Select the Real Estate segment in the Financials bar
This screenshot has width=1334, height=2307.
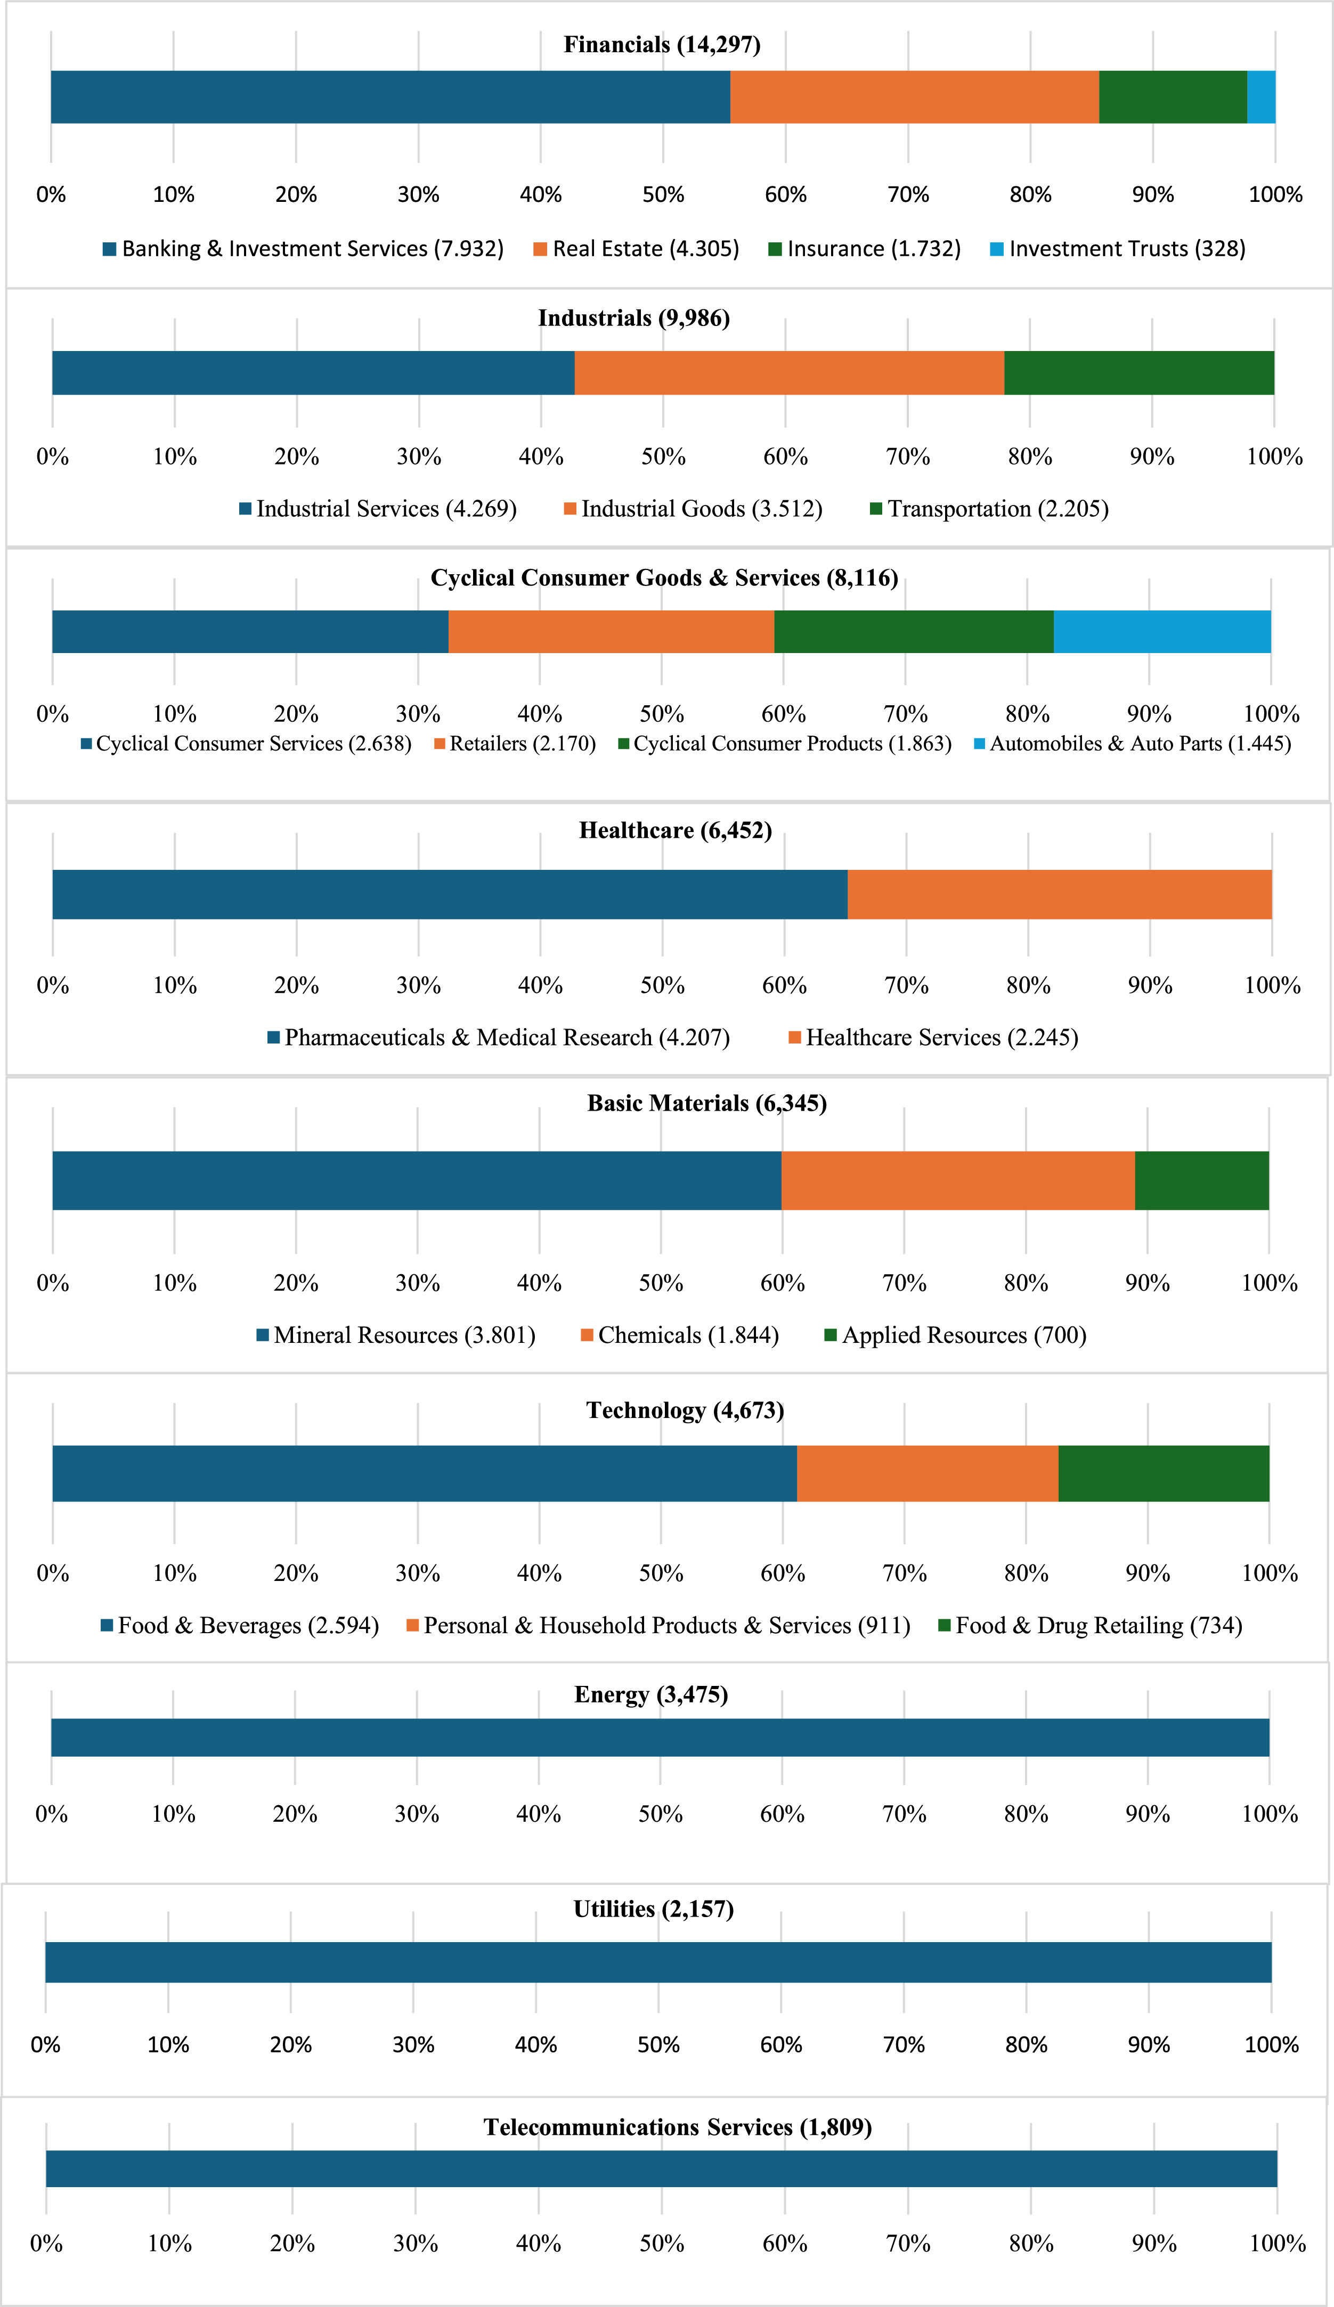pos(914,97)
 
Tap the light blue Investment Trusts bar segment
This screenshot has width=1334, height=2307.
pos(1261,97)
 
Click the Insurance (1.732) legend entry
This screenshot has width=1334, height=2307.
pos(864,249)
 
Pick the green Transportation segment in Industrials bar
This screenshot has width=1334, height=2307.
pos(1138,372)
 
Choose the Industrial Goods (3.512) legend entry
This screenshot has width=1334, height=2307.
pos(693,509)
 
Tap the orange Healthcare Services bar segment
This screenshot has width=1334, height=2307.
pos(1059,894)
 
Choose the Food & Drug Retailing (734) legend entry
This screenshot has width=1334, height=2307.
pos(1089,1625)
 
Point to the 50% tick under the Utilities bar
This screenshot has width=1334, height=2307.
pos(658,2044)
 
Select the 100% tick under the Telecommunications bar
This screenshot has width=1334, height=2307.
pos(1277,2243)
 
